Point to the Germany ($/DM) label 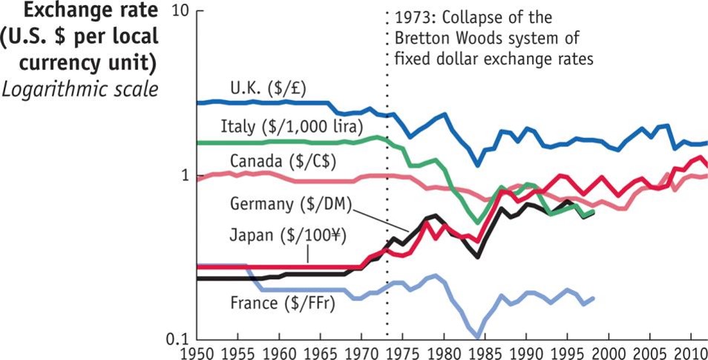[281, 203]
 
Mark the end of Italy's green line [593, 212]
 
